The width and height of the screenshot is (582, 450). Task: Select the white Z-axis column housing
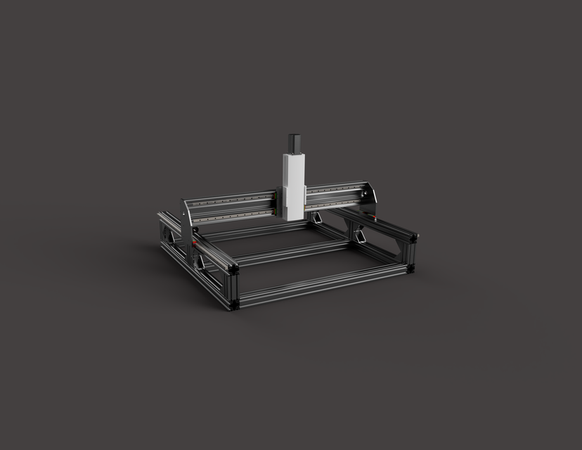coord(293,184)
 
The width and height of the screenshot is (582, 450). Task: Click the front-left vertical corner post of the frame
coord(234,288)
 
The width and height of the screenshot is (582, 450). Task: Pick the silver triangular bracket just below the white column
coord(317,217)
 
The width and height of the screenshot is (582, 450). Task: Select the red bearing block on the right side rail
coord(373,220)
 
